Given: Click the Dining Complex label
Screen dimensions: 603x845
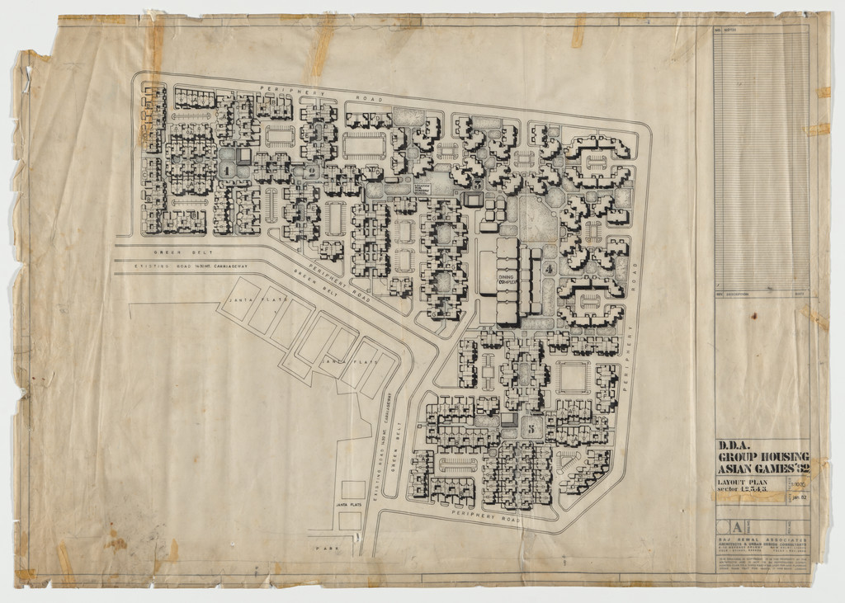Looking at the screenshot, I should click(x=505, y=281).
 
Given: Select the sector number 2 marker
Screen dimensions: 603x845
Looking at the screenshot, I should click(x=313, y=171).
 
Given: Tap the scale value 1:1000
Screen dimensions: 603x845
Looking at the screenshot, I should click(x=798, y=483).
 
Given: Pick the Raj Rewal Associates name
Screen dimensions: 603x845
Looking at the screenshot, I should click(x=762, y=540).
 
